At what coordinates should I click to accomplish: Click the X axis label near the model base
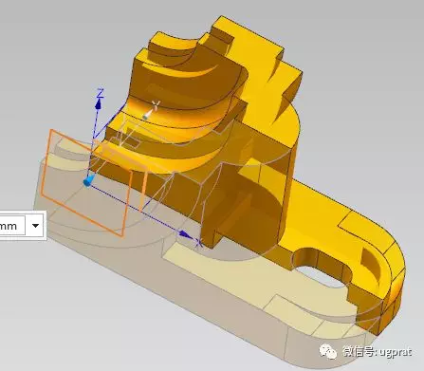199,244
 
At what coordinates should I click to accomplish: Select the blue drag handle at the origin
88,179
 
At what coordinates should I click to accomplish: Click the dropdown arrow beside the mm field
35,225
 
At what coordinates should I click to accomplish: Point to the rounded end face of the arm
389,285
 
